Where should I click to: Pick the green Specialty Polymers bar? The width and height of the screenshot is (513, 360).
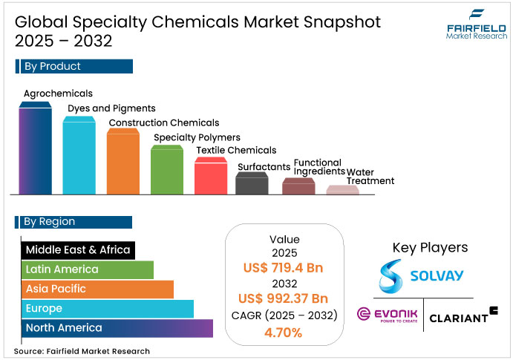click(x=166, y=171)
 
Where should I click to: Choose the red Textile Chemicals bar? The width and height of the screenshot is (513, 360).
click(x=210, y=177)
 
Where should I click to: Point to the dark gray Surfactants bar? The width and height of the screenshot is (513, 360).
click(x=252, y=184)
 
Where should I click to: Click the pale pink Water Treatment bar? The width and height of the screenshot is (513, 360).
click(x=342, y=191)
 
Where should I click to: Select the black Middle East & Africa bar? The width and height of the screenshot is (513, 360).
click(x=77, y=250)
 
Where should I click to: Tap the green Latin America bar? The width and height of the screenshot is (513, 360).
click(x=87, y=269)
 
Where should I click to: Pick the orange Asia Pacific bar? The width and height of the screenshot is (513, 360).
click(x=97, y=289)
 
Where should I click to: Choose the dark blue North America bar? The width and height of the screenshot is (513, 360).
click(x=117, y=327)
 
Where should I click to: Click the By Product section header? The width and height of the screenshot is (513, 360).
click(x=73, y=67)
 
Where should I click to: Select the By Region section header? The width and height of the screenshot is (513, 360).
click(x=73, y=222)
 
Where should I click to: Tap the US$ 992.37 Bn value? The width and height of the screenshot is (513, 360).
click(x=284, y=298)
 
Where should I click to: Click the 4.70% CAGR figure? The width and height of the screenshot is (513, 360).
click(x=284, y=332)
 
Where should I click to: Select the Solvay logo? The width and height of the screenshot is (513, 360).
click(x=420, y=276)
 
